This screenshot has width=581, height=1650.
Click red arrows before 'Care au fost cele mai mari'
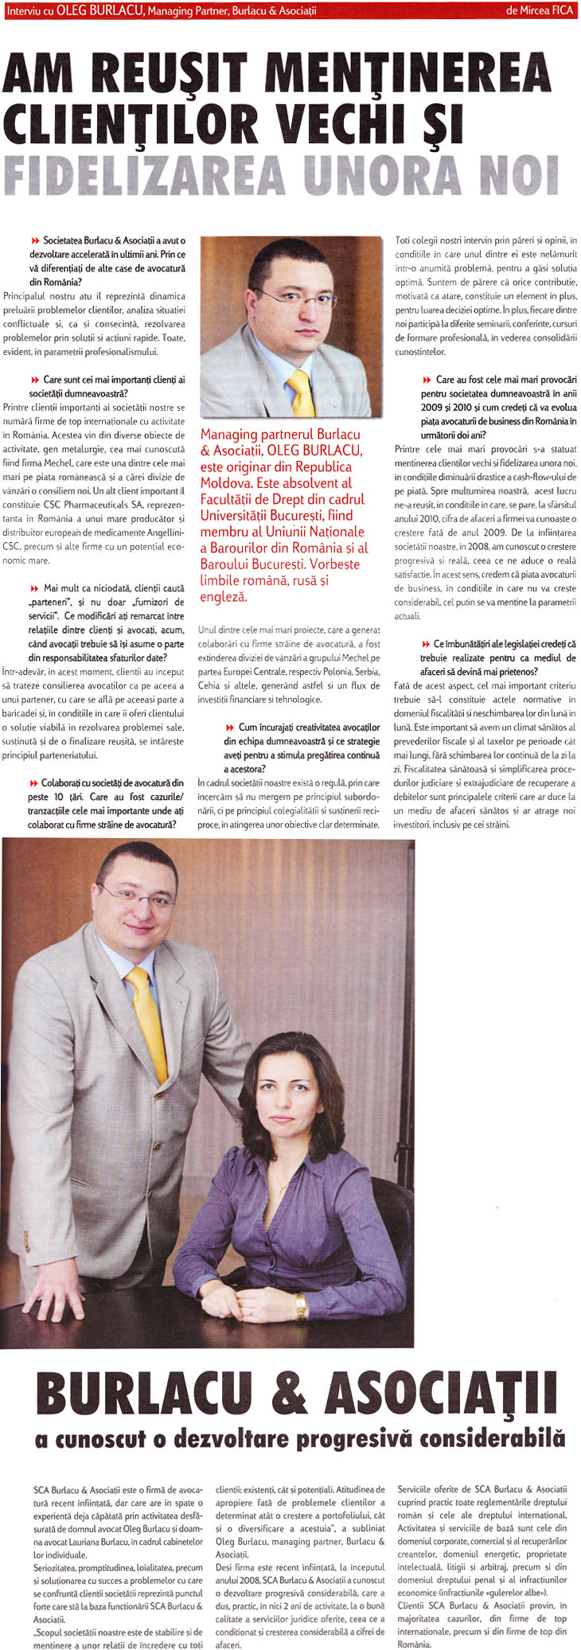(427, 380)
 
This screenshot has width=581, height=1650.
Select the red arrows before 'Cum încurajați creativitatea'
(229, 727)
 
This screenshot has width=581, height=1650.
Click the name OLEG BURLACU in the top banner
(100, 10)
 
